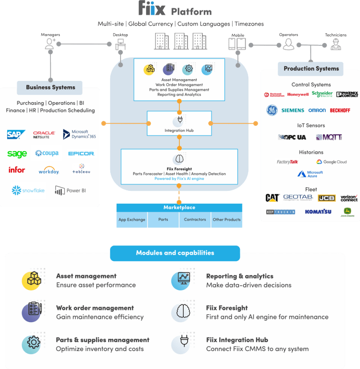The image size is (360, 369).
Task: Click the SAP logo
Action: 16,135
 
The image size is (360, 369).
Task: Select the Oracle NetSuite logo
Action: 44,135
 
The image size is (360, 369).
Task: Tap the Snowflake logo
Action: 28,190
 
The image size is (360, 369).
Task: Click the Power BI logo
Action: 71,190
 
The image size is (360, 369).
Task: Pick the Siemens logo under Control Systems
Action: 292,110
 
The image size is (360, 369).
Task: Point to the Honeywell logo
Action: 298,94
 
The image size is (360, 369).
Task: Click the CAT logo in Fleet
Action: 272,198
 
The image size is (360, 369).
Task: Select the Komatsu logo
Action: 318,211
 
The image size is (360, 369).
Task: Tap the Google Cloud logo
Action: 331,162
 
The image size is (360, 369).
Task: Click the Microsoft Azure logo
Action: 310,174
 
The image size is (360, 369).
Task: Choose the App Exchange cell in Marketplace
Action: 132,220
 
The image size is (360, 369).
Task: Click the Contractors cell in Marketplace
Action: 195,220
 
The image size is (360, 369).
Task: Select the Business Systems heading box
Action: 50,87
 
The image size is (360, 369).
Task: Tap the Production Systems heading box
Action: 311,68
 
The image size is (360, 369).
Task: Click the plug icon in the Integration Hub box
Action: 179,121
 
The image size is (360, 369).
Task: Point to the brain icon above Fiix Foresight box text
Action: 179,159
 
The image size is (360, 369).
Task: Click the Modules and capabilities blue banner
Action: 175,253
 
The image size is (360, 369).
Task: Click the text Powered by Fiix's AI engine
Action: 179,179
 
